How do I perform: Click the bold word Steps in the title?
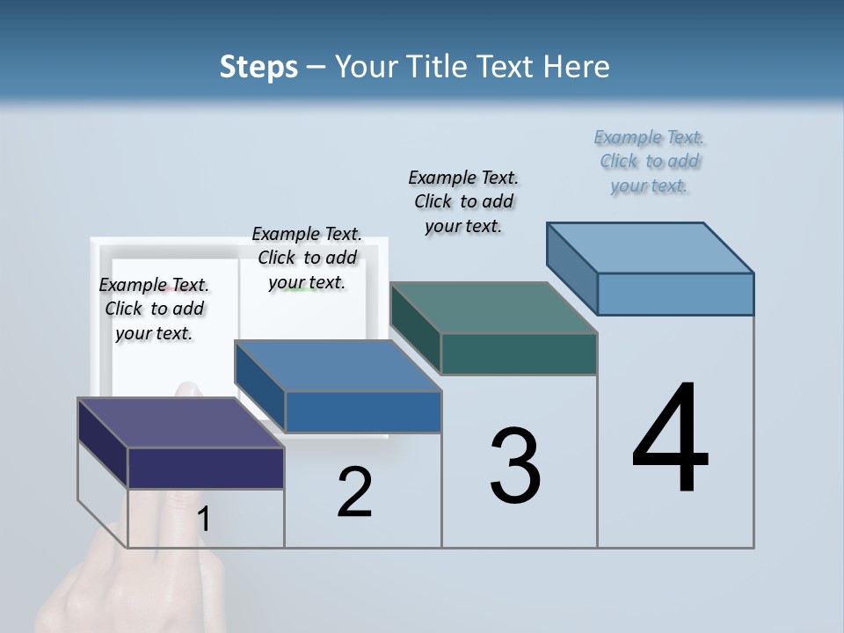coord(258,67)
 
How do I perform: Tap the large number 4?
coord(670,439)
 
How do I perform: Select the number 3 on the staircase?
coord(515,466)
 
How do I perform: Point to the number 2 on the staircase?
coord(354,492)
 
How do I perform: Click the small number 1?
coord(204,520)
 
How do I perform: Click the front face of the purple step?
coord(206,468)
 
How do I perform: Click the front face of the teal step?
coord(519,353)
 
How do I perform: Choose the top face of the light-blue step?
coord(651,248)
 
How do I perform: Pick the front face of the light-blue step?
coord(675,294)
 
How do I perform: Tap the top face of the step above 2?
coord(338,366)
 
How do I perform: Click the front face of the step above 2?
coord(363,411)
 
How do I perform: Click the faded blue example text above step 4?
coord(650,162)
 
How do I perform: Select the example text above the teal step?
coord(463,201)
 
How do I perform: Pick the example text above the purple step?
coord(154,309)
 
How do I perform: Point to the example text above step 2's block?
coord(307,258)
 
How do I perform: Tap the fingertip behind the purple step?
coord(186,389)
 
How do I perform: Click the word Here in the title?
coord(578,67)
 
